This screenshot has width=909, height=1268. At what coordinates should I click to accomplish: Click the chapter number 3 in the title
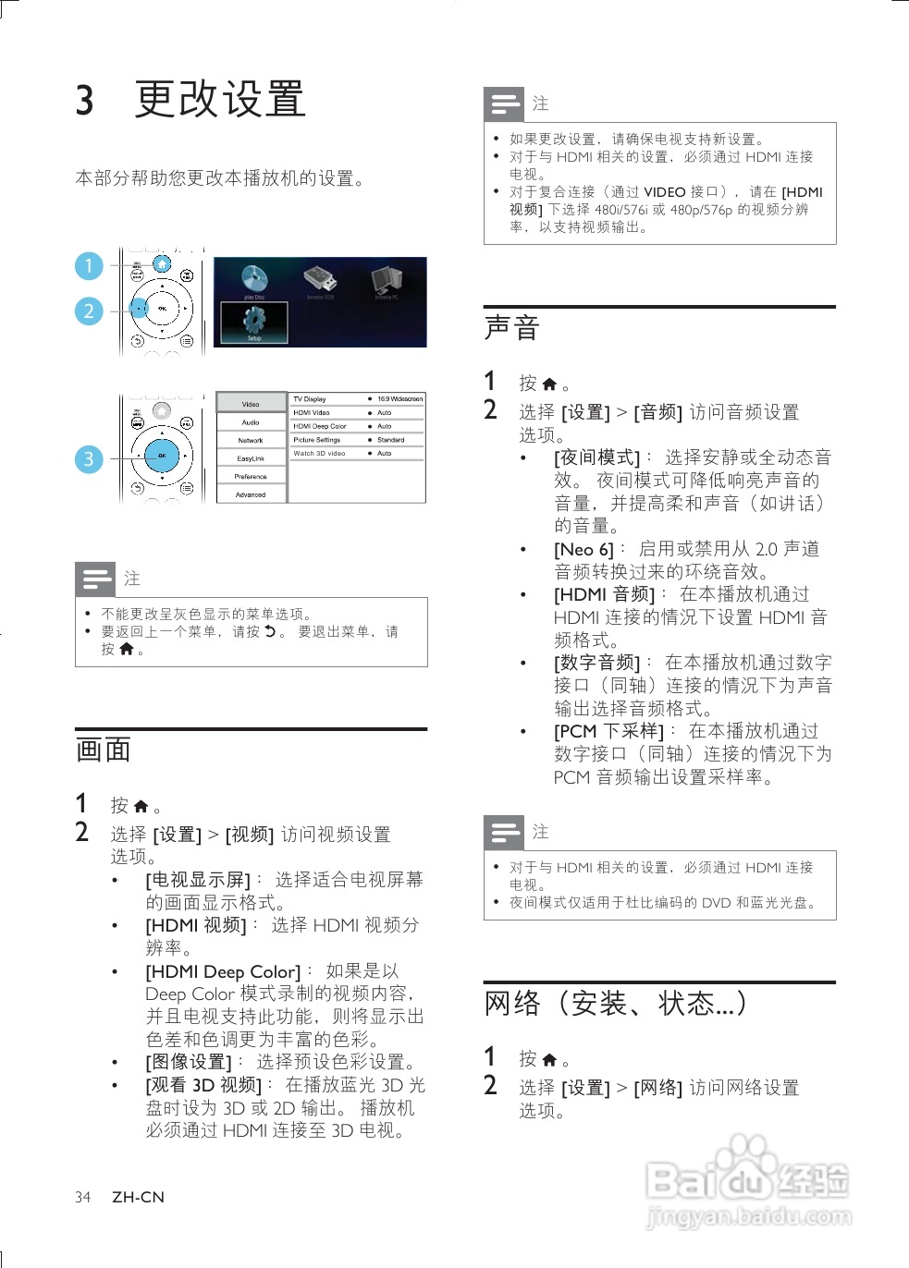[x=85, y=100]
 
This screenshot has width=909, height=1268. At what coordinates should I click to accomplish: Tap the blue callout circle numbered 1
[x=89, y=266]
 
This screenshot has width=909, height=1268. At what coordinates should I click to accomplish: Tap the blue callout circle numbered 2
[x=89, y=311]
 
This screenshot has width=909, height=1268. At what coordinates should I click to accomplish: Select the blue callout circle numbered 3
[x=89, y=458]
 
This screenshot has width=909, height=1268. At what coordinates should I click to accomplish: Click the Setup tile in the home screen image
[x=254, y=323]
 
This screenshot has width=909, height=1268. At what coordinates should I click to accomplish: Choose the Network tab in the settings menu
[x=251, y=441]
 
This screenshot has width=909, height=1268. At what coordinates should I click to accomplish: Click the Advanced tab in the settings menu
[x=251, y=494]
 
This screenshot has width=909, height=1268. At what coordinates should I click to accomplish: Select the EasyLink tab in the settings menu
[x=251, y=458]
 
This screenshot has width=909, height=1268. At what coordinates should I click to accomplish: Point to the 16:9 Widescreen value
[x=399, y=399]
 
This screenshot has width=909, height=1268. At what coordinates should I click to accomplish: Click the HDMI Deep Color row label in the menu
[x=320, y=426]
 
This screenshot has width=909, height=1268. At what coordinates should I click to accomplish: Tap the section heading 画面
[x=104, y=750]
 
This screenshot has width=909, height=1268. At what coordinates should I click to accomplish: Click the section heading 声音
[x=512, y=328]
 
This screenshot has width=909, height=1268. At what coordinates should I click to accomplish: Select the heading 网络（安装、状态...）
[x=616, y=1004]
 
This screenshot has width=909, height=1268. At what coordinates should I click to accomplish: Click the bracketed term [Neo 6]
[x=583, y=550]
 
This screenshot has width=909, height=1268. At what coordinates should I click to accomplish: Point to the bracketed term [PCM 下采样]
[x=608, y=732]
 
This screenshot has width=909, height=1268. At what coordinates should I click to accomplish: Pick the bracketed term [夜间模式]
[x=596, y=457]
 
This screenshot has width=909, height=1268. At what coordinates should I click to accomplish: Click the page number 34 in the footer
[x=83, y=1198]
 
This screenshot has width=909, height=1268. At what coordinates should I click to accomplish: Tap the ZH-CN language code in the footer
[x=138, y=1198]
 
